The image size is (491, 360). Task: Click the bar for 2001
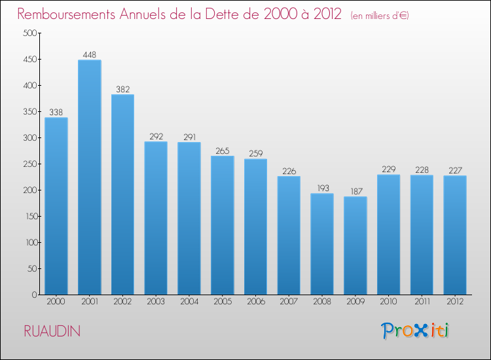[89, 177]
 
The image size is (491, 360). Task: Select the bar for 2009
[355, 245]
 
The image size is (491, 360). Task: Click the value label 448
[89, 54]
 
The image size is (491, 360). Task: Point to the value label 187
[355, 191]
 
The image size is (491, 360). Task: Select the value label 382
[122, 89]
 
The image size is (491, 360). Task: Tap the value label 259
[255, 154]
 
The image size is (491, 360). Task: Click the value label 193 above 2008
[322, 188]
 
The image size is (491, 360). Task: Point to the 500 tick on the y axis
[29, 33]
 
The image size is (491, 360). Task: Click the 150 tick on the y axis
[29, 217]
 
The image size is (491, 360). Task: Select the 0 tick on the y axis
[33, 295]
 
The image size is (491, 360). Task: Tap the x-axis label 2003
[156, 302]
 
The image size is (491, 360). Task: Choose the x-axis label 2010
[388, 302]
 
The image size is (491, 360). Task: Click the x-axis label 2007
[289, 302]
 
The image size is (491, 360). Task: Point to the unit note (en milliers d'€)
[380, 16]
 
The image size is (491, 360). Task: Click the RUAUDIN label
[52, 331]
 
